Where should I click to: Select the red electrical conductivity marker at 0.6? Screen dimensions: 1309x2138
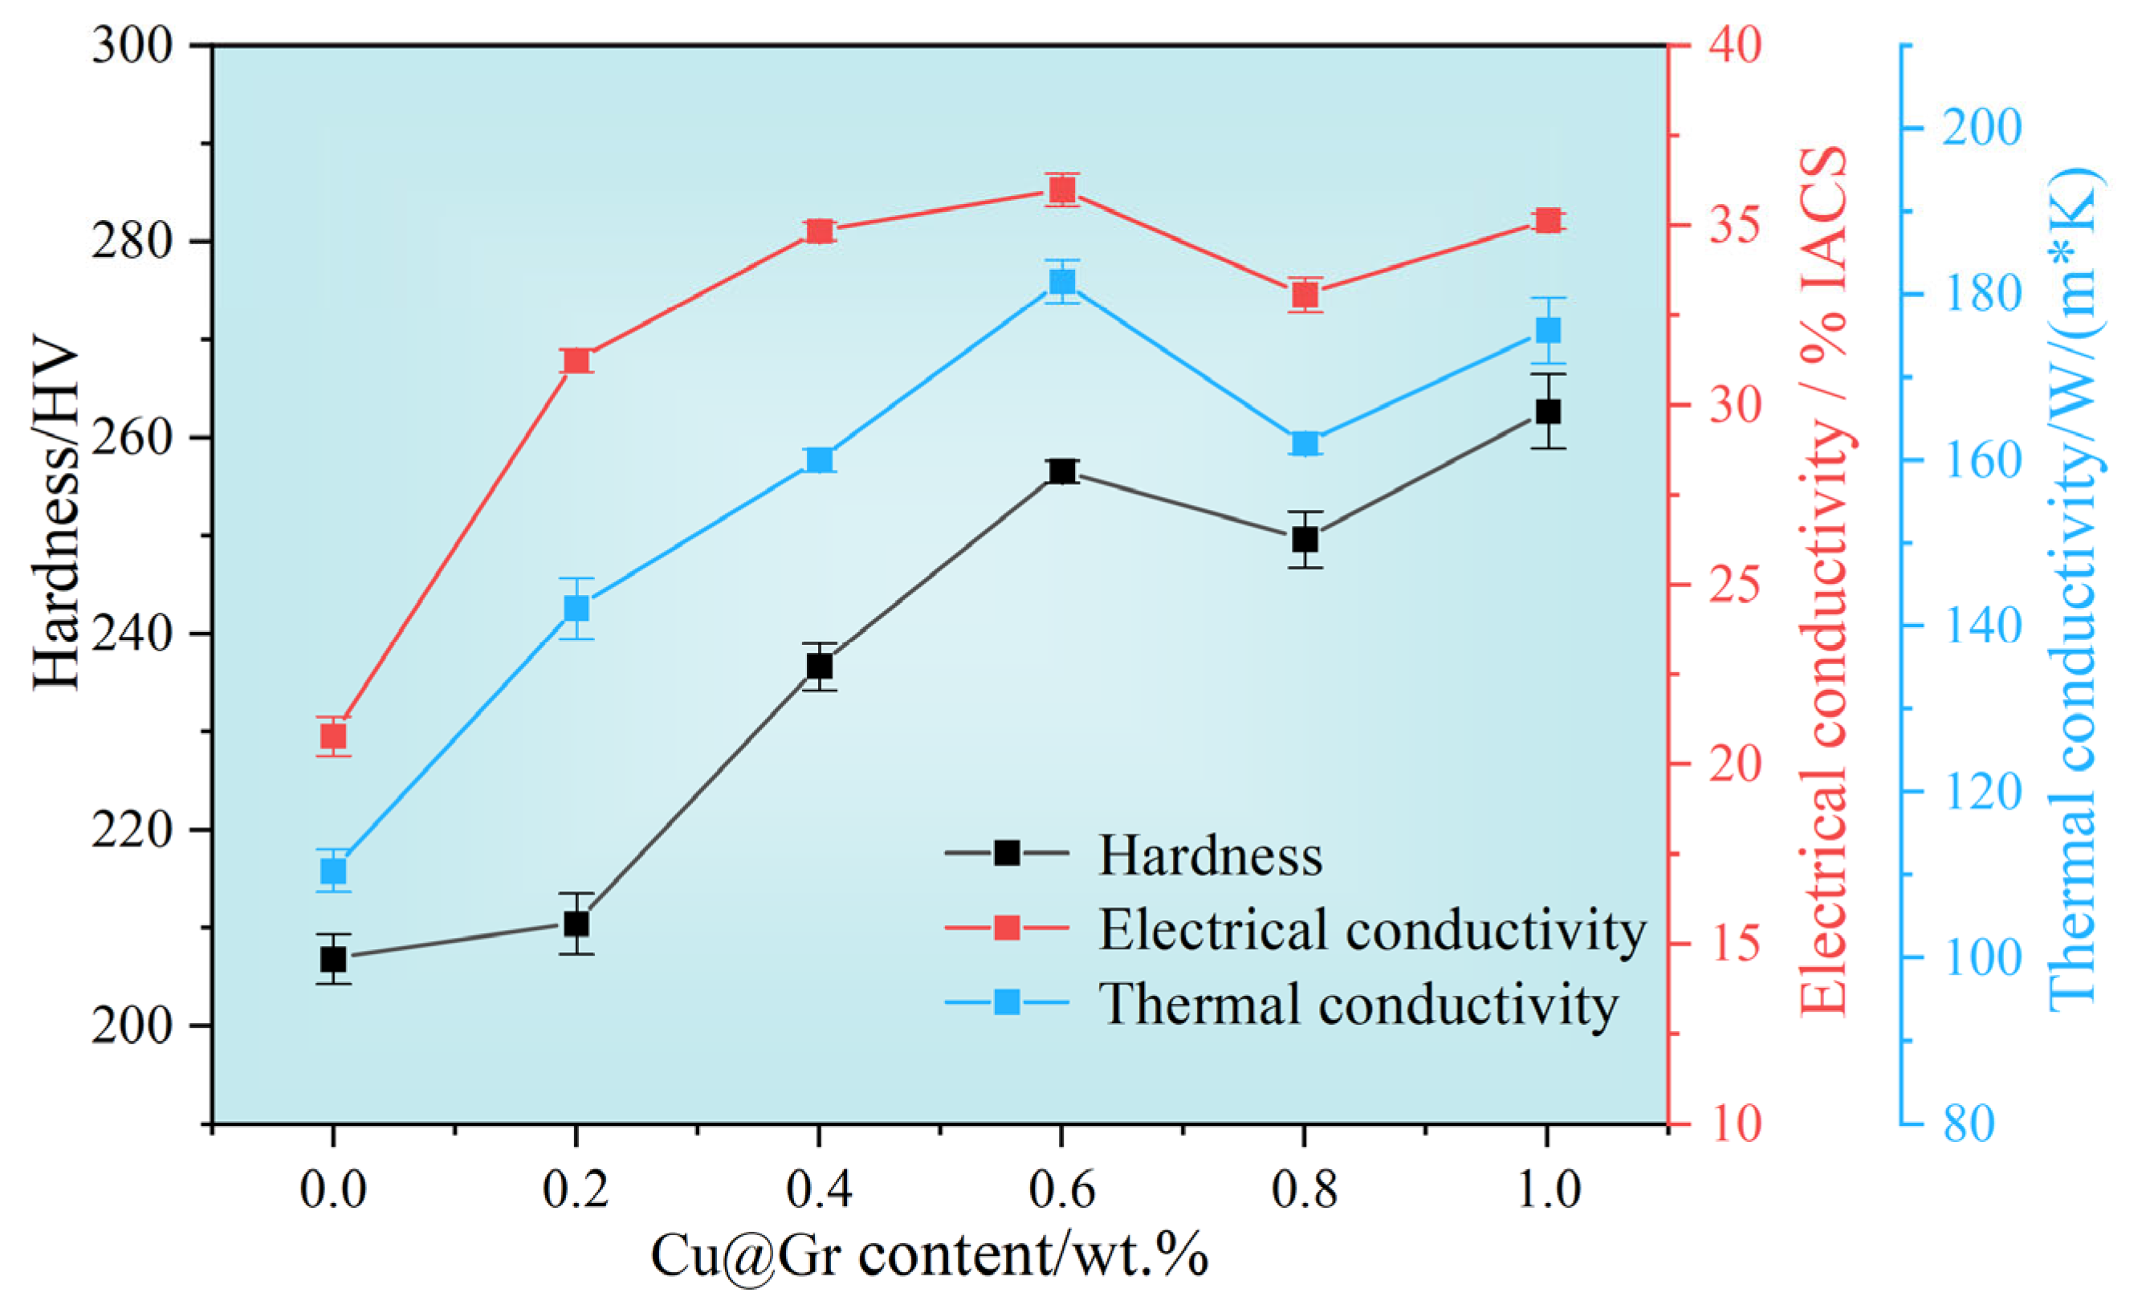pyautogui.click(x=1061, y=190)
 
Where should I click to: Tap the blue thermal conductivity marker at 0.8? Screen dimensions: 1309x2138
pyautogui.click(x=1304, y=443)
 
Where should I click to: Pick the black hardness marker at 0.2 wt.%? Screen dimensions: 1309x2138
pyautogui.click(x=576, y=924)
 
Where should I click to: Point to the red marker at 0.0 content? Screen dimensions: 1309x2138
pyautogui.click(x=333, y=736)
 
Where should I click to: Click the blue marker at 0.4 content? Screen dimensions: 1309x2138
pyautogui.click(x=819, y=459)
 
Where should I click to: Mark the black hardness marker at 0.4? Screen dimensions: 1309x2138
pyautogui.click(x=819, y=666)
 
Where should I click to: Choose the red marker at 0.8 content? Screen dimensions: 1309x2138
pyautogui.click(x=1304, y=296)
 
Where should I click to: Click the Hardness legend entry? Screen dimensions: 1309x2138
pyautogui.click(x=1210, y=855)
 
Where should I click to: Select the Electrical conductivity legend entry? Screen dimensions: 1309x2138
pyautogui.click(x=1371, y=930)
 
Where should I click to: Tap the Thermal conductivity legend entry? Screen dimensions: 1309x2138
pyautogui.click(x=1358, y=1004)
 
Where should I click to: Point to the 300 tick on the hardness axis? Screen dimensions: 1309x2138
pyautogui.click(x=132, y=44)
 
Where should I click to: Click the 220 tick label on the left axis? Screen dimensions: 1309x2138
pyautogui.click(x=132, y=830)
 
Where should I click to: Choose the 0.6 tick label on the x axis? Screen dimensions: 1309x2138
pyautogui.click(x=1061, y=1189)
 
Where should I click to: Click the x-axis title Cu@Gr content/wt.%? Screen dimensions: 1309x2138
pyautogui.click(x=928, y=1255)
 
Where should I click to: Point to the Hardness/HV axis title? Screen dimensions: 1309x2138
pyautogui.click(x=55, y=518)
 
